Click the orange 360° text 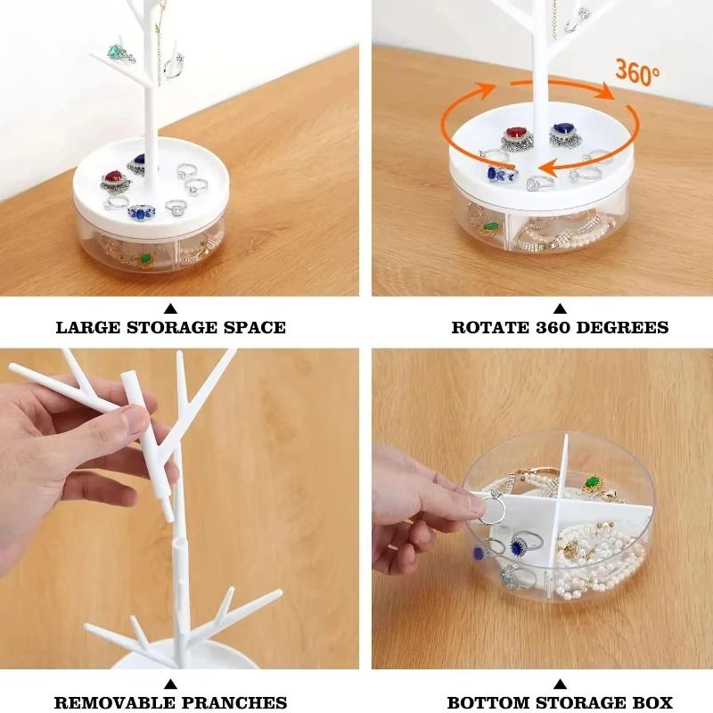point(636,73)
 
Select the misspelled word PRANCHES point(235,703)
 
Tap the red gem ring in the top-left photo point(113,180)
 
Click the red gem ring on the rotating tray point(514,135)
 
